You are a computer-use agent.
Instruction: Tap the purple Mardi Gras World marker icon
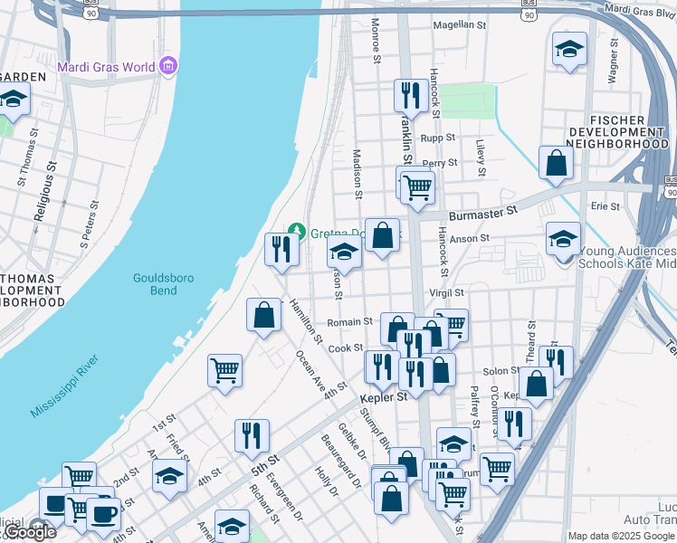[167, 66]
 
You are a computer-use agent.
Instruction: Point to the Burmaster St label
[484, 211]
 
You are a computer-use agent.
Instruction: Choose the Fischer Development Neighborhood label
[615, 131]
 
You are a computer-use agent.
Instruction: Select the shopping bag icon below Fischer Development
[556, 163]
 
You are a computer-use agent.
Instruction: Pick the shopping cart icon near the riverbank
[224, 369]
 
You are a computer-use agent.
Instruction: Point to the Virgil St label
[445, 293]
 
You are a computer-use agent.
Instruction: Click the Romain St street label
[349, 321]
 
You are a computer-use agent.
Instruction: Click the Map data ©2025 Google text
[619, 536]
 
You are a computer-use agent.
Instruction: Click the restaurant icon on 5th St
[251, 435]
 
